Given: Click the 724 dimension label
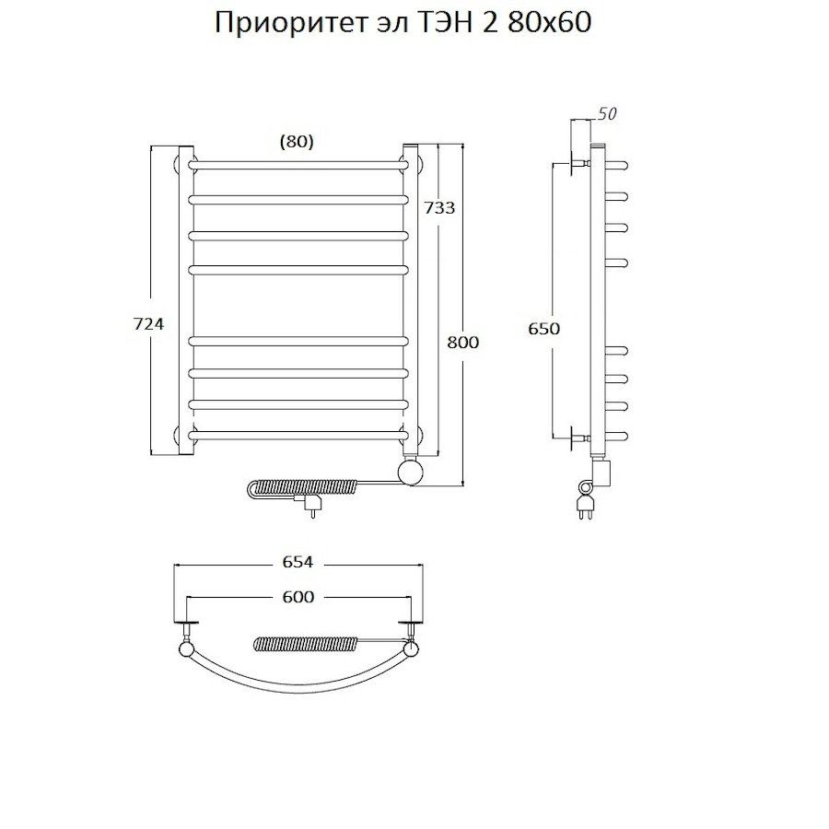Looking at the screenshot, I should pos(147,323).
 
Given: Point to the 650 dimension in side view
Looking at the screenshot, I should pos(544,329).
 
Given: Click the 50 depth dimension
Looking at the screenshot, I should pos(607,114).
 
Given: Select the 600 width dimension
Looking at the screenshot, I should pos(298,597).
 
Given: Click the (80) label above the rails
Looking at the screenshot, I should pos(296,141).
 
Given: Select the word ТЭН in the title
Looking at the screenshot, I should pos(439,24).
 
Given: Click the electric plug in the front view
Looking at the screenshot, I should pos(310,505).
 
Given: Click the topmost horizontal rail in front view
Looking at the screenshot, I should pos(298,165).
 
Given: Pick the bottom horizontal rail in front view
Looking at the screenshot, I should pos(298,434).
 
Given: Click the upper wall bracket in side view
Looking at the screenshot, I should pos(579,166).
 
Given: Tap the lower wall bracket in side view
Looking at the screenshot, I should pos(579,438).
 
